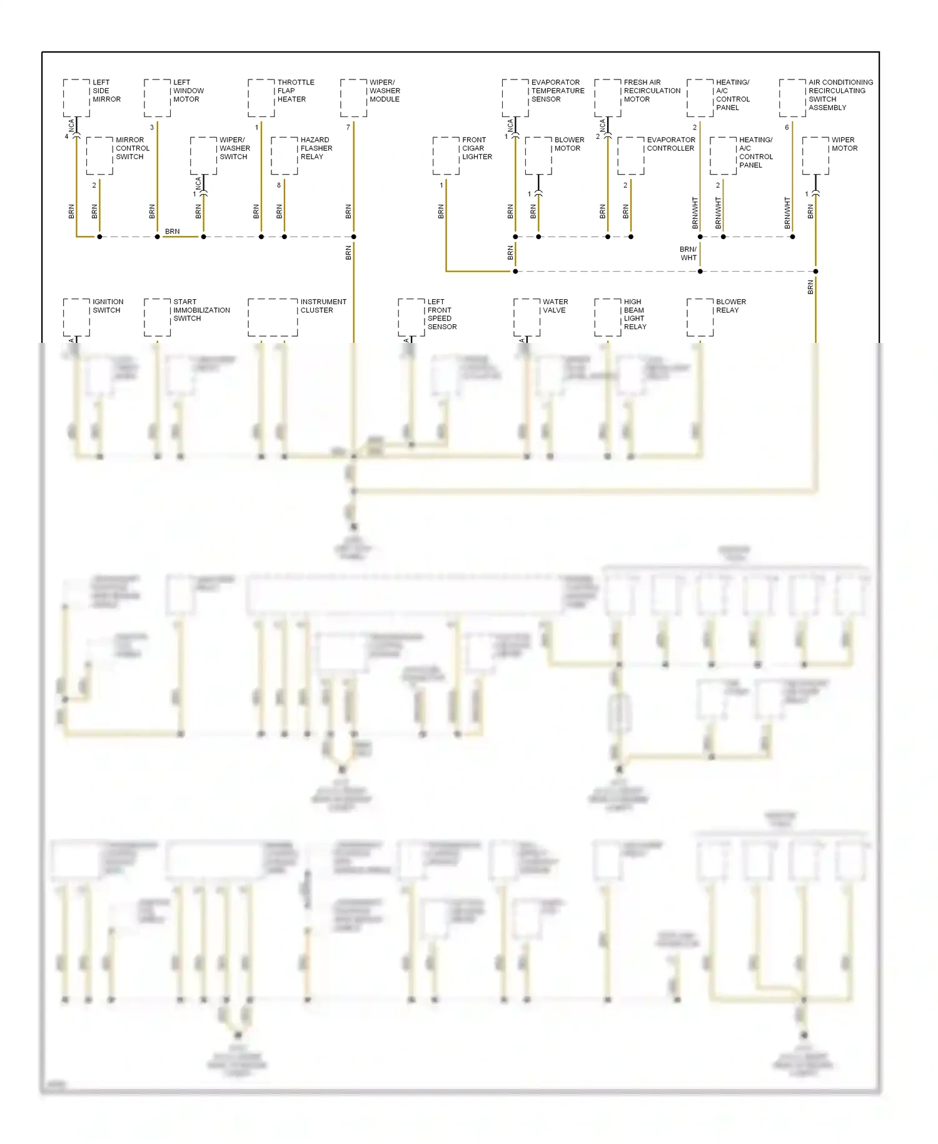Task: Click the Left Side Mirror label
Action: pyautogui.click(x=106, y=91)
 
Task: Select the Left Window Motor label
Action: pyautogui.click(x=188, y=91)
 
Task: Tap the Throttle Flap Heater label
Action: pyautogui.click(x=295, y=91)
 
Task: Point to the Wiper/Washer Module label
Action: pyautogui.click(x=385, y=91)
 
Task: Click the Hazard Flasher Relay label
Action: pyautogui.click(x=316, y=148)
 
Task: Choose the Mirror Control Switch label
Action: pyautogui.click(x=132, y=148)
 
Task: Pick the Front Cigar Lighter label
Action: pyautogui.click(x=477, y=148)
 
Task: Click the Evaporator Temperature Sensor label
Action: pyautogui.click(x=557, y=91)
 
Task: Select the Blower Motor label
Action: pyautogui.click(x=568, y=144)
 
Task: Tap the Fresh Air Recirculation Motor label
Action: pyautogui.click(x=652, y=91)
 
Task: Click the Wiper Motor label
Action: pyautogui.click(x=844, y=144)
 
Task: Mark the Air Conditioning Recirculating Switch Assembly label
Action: pyautogui.click(x=840, y=94)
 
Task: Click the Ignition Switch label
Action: pyautogui.click(x=108, y=306)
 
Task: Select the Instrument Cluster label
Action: pyautogui.click(x=323, y=306)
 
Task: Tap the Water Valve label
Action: pyautogui.click(x=555, y=306)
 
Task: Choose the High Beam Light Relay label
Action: pyautogui.click(x=635, y=314)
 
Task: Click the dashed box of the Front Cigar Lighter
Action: pyautogui.click(x=446, y=156)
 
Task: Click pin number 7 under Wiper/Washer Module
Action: pyautogui.click(x=348, y=128)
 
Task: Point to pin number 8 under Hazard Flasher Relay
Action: pyautogui.click(x=279, y=185)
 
